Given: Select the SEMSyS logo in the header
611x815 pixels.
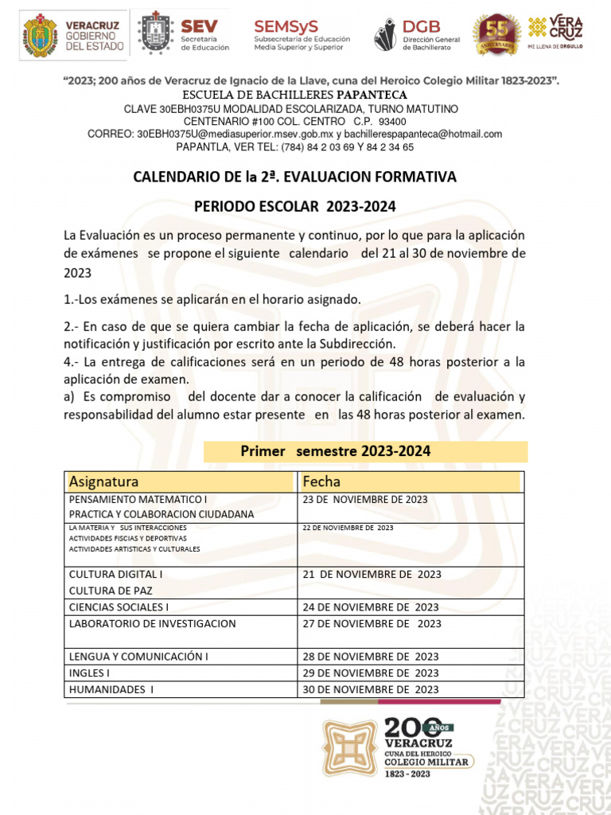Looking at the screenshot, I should [x=302, y=35].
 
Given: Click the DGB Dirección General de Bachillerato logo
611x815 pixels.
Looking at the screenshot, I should [x=418, y=35].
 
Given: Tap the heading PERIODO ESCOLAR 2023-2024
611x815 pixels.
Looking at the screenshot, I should [x=294, y=207].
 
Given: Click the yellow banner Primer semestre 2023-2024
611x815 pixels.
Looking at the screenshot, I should [x=335, y=451].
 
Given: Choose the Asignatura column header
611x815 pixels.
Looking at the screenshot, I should [x=104, y=482].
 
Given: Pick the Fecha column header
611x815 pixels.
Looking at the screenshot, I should [x=321, y=482].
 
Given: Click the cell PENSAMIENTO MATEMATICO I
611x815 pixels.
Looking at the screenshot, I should [x=138, y=500].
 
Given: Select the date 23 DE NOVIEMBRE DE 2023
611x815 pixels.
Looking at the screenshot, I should [x=365, y=500].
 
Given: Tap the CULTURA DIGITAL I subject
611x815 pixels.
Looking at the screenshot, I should [x=116, y=574].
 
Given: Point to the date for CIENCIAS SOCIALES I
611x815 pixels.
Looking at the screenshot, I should [x=371, y=607].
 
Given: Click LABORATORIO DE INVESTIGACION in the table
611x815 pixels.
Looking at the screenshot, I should [x=152, y=624].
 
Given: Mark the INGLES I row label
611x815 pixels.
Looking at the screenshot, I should [x=89, y=673].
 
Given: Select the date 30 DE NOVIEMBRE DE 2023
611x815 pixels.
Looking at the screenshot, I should [x=371, y=690].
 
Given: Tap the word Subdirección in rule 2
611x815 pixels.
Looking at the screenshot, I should [x=356, y=344].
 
